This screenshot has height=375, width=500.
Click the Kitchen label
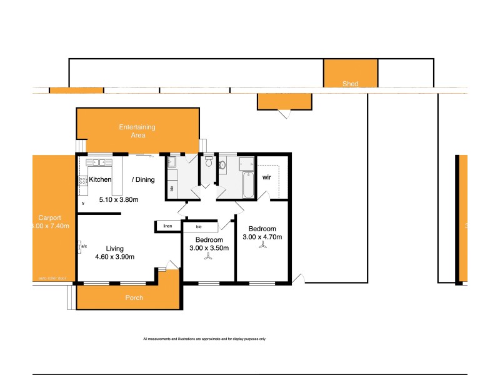[x=100, y=180]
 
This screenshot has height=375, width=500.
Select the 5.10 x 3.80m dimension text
[x=119, y=200]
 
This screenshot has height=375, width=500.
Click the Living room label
[x=114, y=247]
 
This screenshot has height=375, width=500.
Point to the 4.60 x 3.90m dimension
[x=114, y=257]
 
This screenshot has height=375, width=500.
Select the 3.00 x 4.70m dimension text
[x=262, y=237]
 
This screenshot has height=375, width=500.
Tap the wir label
[x=266, y=177]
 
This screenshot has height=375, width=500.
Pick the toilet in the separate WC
[x=207, y=164]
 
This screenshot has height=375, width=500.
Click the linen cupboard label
[x=167, y=226]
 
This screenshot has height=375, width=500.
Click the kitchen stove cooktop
[x=82, y=182]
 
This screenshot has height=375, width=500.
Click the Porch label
[x=134, y=297]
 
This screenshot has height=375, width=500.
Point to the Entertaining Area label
[x=137, y=131]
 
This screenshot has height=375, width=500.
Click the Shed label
[x=350, y=84]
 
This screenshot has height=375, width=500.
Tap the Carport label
[x=49, y=217]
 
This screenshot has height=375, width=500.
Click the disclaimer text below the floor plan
[x=204, y=339]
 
